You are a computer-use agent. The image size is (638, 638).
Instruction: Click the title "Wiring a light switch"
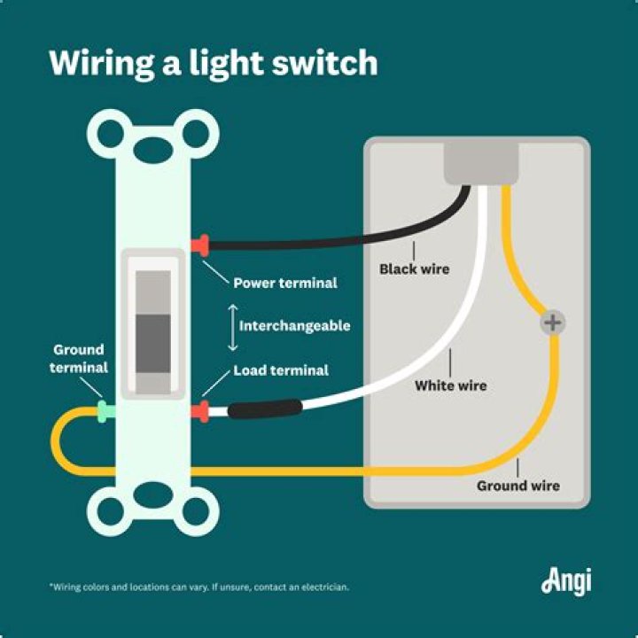click(213, 64)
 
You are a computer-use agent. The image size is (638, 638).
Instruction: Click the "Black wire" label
click(414, 268)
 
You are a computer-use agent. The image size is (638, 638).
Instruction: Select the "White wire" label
click(450, 386)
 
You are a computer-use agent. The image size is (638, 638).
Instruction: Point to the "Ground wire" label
click(517, 486)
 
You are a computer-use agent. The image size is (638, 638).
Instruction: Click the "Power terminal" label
click(284, 284)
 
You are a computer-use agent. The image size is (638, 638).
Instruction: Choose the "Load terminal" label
click(281, 370)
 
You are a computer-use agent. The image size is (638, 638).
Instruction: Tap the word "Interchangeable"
click(294, 326)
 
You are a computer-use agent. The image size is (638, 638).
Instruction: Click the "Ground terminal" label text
click(79, 359)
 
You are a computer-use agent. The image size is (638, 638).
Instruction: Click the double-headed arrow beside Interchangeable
click(232, 326)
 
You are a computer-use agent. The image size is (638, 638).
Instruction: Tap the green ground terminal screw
click(105, 411)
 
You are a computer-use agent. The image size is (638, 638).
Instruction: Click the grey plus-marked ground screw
click(553, 323)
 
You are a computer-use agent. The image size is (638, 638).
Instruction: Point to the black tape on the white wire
click(265, 409)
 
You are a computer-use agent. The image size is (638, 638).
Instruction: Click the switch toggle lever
click(153, 331)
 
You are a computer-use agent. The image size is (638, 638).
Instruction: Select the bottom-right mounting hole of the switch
click(197, 511)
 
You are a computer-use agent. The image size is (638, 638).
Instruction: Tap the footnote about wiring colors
click(198, 587)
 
